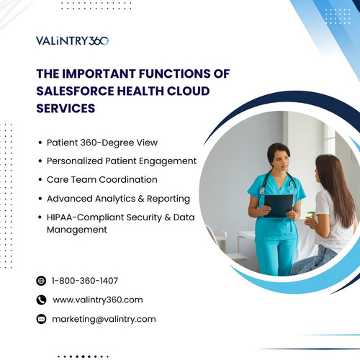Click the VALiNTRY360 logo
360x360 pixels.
click(x=72, y=40)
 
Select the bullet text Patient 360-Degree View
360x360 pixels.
click(x=102, y=143)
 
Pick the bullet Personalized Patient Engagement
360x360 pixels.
click(x=121, y=161)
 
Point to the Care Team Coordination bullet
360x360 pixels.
click(x=102, y=179)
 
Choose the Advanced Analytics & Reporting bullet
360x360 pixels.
click(x=118, y=198)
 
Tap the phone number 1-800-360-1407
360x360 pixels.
click(x=85, y=281)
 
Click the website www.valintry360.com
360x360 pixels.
click(x=98, y=300)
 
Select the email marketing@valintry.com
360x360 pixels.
click(x=104, y=318)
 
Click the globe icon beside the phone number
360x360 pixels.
click(x=40, y=281)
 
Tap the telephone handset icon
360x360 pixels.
click(x=40, y=300)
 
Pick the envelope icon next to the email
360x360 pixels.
click(x=40, y=318)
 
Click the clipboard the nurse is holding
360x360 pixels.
click(x=278, y=205)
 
